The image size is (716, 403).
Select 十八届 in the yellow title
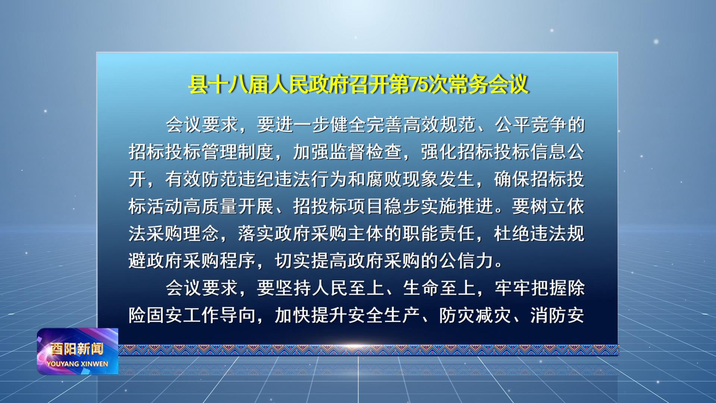pyautogui.click(x=238, y=84)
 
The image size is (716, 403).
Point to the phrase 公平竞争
pyautogui.click(x=531, y=125)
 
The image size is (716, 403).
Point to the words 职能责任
pyautogui.click(x=439, y=234)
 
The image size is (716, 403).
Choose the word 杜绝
pyautogui.click(x=512, y=234)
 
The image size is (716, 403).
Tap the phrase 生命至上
pyautogui.click(x=439, y=288)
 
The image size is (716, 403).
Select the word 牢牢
pyautogui.click(x=512, y=288)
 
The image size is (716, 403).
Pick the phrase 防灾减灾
pyautogui.click(x=475, y=315)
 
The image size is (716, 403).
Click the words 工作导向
pyautogui.click(x=220, y=315)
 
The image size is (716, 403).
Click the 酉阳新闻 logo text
pyautogui.click(x=77, y=349)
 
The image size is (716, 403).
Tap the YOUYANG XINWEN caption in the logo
pyautogui.click(x=78, y=364)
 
